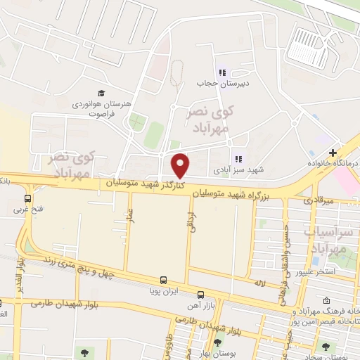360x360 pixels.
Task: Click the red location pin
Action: pyautogui.click(x=181, y=165)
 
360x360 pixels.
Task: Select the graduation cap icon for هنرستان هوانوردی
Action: pyautogui.click(x=101, y=93)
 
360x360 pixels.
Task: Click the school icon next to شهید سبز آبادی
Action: pyautogui.click(x=237, y=159)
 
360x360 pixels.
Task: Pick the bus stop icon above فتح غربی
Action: pyautogui.click(x=28, y=198)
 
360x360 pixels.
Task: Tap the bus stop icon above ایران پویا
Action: pyautogui.click(x=163, y=278)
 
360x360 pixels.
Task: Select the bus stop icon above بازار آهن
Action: pyautogui.click(x=200, y=294)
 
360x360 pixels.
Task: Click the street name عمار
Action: pyautogui.click(x=130, y=212)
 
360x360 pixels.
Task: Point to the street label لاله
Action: pyautogui.click(x=259, y=283)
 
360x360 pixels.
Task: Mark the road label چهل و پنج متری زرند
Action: pyautogui.click(x=66, y=268)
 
